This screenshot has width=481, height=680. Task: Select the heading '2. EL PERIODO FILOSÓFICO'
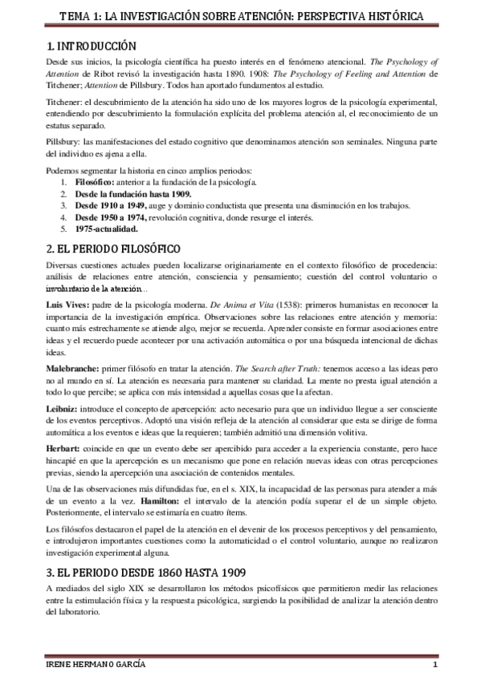pos(113,249)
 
